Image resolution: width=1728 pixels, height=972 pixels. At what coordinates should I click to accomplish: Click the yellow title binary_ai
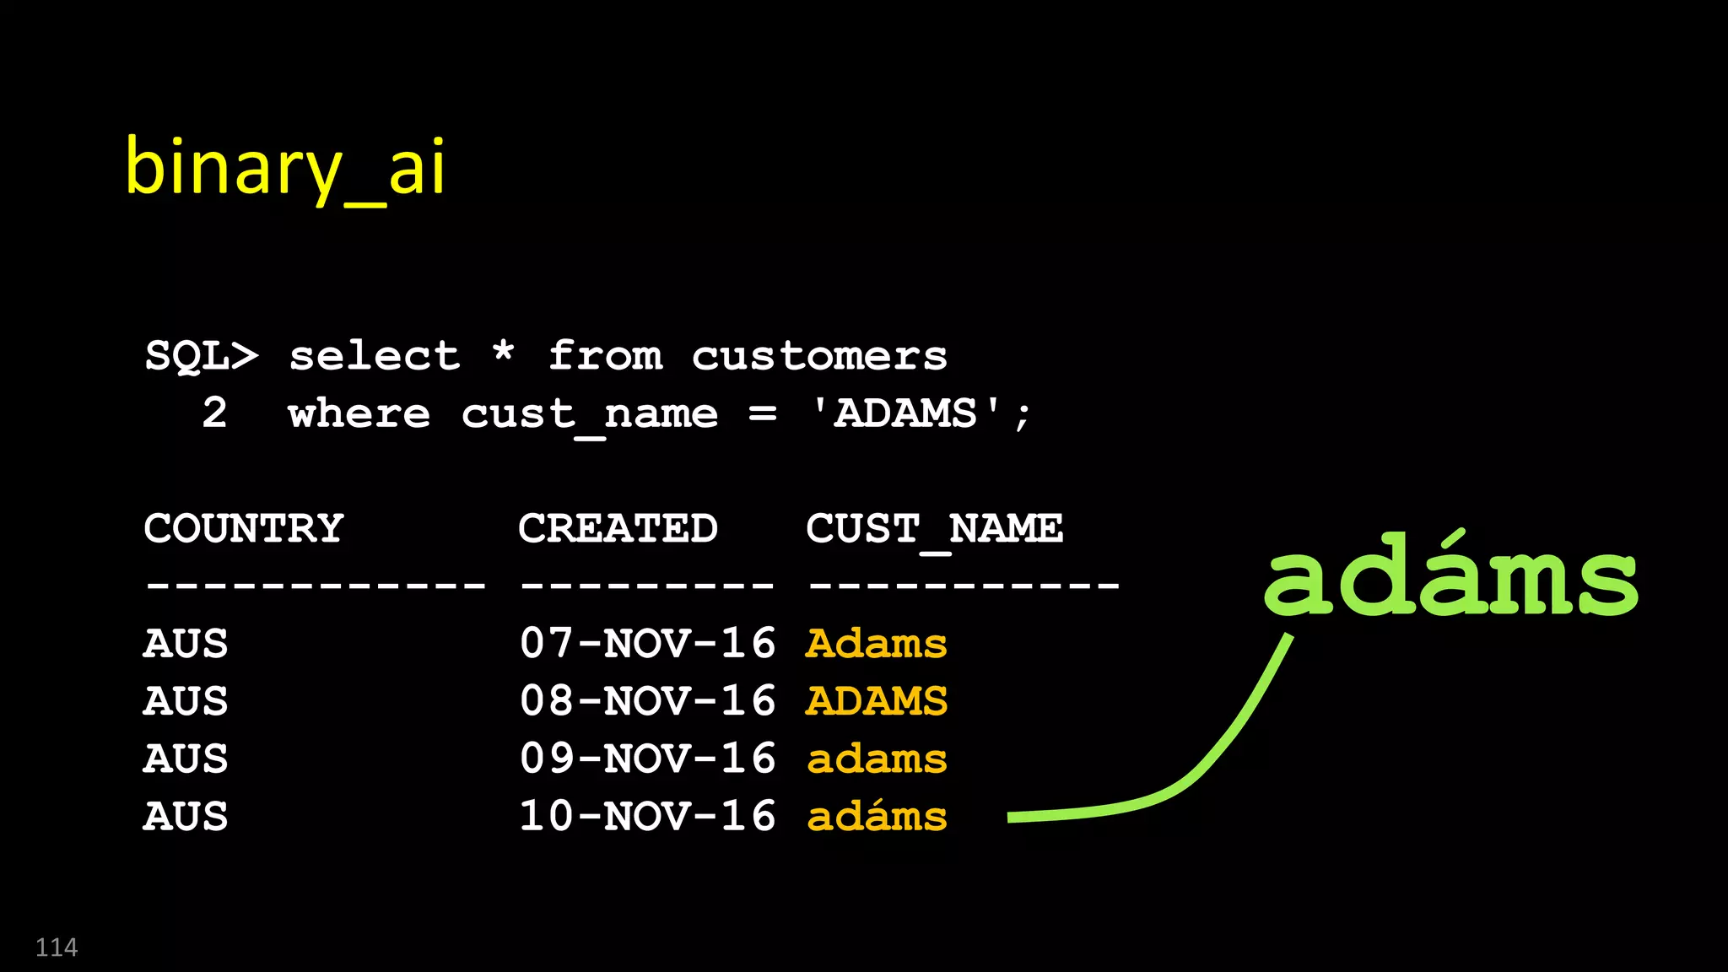tap(284, 168)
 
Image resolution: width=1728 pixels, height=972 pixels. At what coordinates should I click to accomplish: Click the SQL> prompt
tap(202, 355)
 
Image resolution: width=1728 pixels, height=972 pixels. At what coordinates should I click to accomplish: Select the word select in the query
tap(375, 355)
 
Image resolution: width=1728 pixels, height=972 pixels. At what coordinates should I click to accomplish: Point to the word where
tap(359, 413)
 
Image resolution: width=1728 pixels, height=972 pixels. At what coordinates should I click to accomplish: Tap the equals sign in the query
tap(762, 414)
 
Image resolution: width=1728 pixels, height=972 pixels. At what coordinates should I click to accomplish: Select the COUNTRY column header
tap(244, 529)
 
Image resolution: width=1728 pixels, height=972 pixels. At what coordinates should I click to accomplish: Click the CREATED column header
tap(618, 529)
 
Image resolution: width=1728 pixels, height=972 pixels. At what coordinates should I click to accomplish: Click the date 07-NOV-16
tap(647, 644)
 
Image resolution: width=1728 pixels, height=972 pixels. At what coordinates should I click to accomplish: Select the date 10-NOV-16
tap(647, 816)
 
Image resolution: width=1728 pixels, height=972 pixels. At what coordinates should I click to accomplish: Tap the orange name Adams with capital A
tap(877, 644)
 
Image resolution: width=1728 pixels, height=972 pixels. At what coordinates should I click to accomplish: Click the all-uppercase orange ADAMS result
tap(877, 701)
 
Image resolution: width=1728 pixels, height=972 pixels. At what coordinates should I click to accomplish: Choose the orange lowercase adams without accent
tap(877, 759)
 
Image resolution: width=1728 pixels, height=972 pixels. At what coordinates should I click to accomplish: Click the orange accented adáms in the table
tap(877, 816)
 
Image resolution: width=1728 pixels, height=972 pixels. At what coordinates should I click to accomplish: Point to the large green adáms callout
tap(1450, 576)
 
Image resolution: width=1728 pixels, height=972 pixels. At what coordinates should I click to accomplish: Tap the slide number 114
tap(57, 948)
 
